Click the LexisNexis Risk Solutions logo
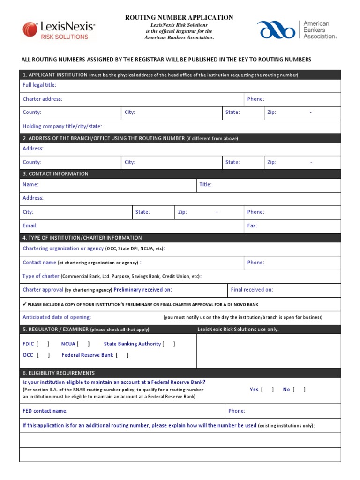pyautogui.click(x=59, y=30)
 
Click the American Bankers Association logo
pyautogui.click(x=297, y=30)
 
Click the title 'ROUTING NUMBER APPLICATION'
pyautogui.click(x=179, y=17)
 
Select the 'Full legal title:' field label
pyautogui.click(x=39, y=85)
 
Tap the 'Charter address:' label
pyautogui.click(x=42, y=99)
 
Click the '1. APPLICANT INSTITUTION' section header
pyautogui.click(x=55, y=75)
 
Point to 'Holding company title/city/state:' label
pyautogui.click(x=62, y=126)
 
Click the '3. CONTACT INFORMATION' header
pyautogui.click(x=55, y=173)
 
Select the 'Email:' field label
pyautogui.click(x=30, y=225)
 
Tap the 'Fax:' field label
pyautogui.click(x=252, y=225)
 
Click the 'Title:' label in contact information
pyautogui.click(x=206, y=184)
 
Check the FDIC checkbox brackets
pyautogui.click(x=43, y=344)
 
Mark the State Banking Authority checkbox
pyautogui.click(x=169, y=344)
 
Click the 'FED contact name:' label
pyautogui.click(x=45, y=411)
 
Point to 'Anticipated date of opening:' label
pyautogui.click(x=57, y=317)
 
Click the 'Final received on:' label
pyautogui.click(x=252, y=290)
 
